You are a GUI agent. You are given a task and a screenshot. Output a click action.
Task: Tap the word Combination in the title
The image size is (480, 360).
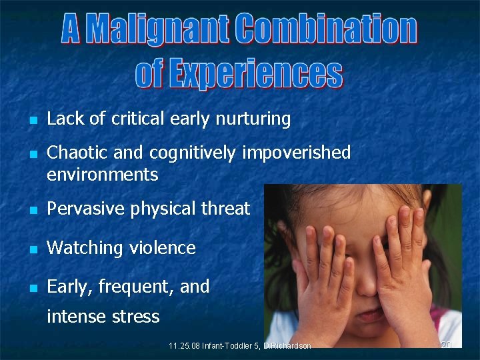(x=326, y=30)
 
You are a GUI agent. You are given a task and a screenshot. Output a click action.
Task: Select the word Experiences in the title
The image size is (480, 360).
(x=255, y=73)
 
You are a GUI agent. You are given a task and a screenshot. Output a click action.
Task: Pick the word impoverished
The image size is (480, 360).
(x=296, y=153)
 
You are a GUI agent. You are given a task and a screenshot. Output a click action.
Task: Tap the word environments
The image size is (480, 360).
(x=102, y=175)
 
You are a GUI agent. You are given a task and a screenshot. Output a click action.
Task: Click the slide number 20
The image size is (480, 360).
(x=447, y=345)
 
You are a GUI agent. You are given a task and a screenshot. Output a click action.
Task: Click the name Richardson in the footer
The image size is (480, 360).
(x=289, y=345)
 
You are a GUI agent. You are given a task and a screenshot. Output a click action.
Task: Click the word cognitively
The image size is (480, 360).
(x=193, y=153)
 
